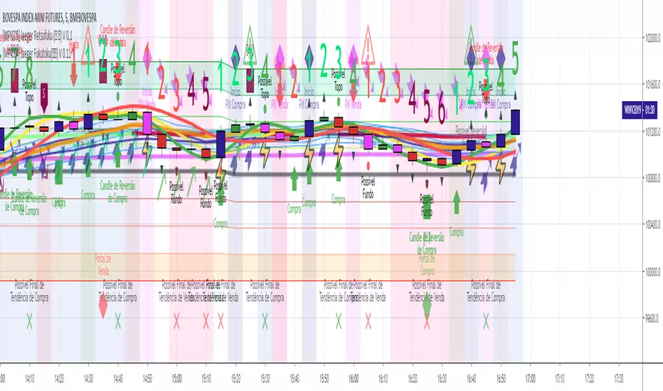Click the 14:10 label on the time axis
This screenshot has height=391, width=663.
[29, 379]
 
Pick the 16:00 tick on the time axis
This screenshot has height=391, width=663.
[354, 379]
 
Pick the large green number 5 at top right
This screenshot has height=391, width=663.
[515, 54]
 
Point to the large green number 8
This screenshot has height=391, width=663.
[29, 71]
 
